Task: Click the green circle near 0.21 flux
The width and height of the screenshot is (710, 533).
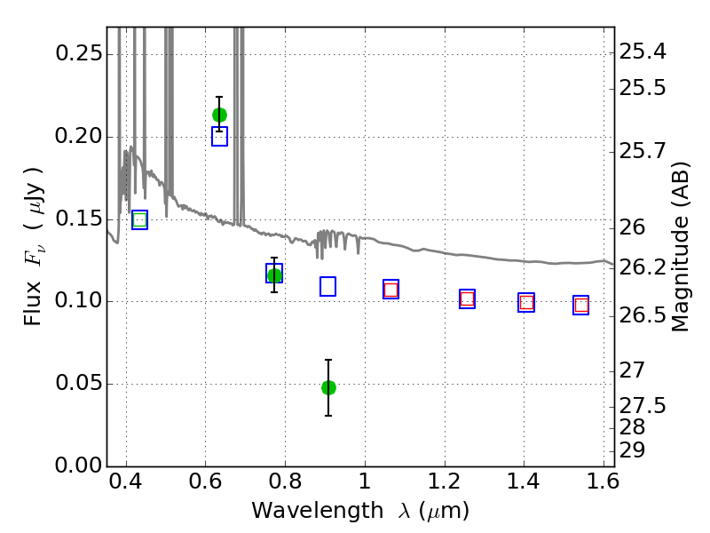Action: (219, 115)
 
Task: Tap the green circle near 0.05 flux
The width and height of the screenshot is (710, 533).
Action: (328, 387)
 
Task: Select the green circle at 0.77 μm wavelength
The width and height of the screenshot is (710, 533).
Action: (274, 275)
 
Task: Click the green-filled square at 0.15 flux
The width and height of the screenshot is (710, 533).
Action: (140, 220)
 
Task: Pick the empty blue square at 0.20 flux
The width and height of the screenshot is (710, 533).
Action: (219, 137)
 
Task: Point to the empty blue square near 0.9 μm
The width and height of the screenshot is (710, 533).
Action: (327, 286)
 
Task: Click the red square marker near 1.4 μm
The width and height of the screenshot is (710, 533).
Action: (526, 302)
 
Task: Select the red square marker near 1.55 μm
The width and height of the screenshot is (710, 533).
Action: (581, 305)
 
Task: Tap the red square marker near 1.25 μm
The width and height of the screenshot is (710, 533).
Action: (468, 298)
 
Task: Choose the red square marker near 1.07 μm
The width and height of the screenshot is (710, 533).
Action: (390, 290)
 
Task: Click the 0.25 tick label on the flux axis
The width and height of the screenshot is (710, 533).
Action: (79, 53)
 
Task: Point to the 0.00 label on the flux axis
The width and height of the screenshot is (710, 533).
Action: (79, 465)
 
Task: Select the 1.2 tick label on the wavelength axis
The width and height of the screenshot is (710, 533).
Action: (445, 481)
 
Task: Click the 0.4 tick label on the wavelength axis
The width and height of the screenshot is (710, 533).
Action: (126, 481)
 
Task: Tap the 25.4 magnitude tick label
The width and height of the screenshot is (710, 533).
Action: (643, 52)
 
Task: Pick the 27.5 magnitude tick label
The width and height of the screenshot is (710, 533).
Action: (643, 406)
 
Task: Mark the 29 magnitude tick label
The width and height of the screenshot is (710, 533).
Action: (632, 450)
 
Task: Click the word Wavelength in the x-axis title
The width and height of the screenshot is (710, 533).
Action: (318, 511)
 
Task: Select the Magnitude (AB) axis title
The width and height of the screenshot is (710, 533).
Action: (680, 247)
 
